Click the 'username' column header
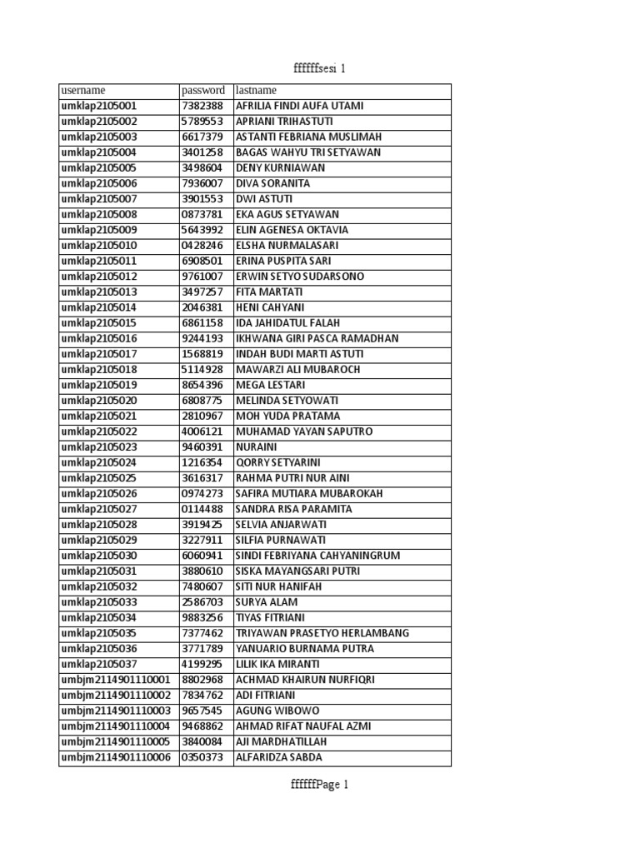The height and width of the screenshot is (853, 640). (x=83, y=91)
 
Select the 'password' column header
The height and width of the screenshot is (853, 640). (x=203, y=91)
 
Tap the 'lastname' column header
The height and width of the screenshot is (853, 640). (x=257, y=91)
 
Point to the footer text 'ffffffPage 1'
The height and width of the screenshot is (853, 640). (x=319, y=785)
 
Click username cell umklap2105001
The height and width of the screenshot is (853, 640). (x=99, y=107)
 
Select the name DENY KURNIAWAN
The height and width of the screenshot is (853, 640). (x=281, y=168)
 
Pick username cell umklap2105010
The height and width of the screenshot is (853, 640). (x=99, y=246)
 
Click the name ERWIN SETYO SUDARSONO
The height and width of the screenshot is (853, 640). (x=300, y=277)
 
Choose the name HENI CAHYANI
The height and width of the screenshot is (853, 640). (x=269, y=307)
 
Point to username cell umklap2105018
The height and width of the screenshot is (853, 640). (x=99, y=370)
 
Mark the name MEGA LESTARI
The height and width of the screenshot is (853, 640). (x=271, y=385)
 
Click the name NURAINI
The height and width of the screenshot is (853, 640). (x=257, y=447)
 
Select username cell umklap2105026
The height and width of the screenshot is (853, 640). (x=99, y=494)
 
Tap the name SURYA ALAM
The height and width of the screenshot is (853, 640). (x=267, y=602)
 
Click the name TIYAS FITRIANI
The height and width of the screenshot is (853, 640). (x=271, y=618)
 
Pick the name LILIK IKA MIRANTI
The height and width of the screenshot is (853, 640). (x=277, y=665)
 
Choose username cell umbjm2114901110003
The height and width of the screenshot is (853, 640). (x=115, y=711)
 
